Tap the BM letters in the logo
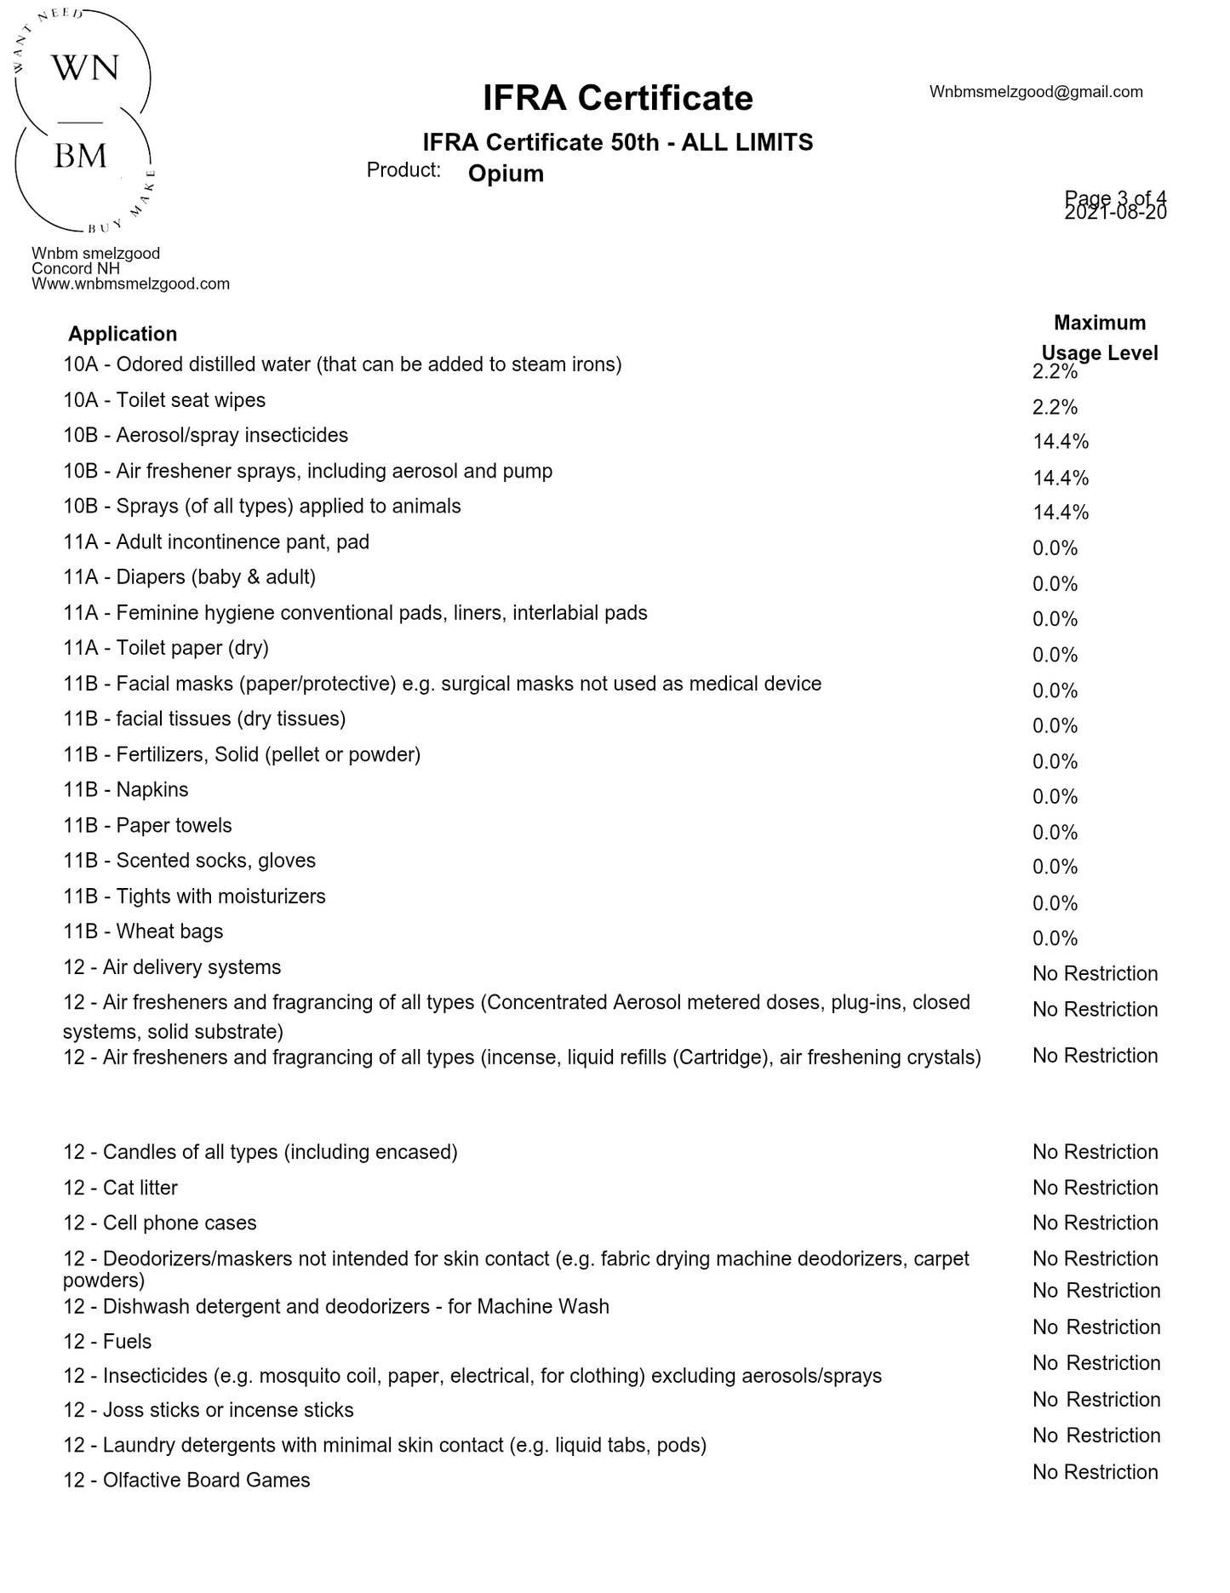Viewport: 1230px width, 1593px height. pos(81,156)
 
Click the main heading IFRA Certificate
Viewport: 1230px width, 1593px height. pos(617,98)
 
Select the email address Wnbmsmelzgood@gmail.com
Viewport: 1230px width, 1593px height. pos(1035,92)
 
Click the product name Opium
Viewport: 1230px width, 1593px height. pos(506,174)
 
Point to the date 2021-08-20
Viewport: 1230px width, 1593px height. pos(1115,213)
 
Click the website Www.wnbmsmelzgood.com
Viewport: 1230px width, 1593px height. pos(130,284)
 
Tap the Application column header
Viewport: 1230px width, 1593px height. pos(123,334)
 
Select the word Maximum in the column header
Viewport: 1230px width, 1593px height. pos(1100,323)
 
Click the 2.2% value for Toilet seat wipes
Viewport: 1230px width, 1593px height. pos(1055,407)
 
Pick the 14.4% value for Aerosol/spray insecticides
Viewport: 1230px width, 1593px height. pos(1061,442)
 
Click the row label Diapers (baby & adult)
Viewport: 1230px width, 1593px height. pos(189,577)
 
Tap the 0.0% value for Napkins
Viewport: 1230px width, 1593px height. pos(1055,797)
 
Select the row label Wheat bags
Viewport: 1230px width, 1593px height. pos(143,931)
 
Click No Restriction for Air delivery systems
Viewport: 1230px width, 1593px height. pos(1095,973)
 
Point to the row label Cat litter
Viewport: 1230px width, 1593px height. pos(120,1188)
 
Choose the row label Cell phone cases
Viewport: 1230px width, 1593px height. pos(159,1223)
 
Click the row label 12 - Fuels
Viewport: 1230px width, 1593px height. pos(107,1342)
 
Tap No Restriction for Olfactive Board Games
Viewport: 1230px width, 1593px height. pos(1095,1472)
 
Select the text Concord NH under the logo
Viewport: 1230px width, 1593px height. pos(76,269)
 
